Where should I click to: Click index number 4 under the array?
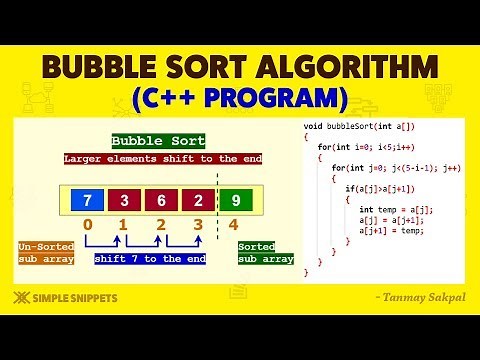(x=234, y=237)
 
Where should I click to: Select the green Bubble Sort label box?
(x=158, y=141)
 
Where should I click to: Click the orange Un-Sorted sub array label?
(x=45, y=252)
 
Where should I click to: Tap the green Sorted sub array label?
(x=265, y=252)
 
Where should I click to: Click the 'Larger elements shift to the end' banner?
(x=162, y=159)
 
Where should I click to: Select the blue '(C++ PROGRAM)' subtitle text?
(x=240, y=100)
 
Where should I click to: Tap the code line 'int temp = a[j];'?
(x=396, y=209)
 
